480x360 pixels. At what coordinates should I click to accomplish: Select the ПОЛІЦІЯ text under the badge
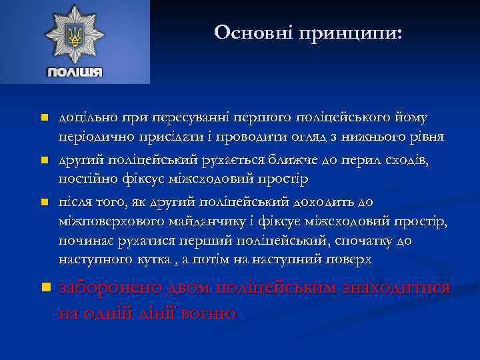coord(75,72)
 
